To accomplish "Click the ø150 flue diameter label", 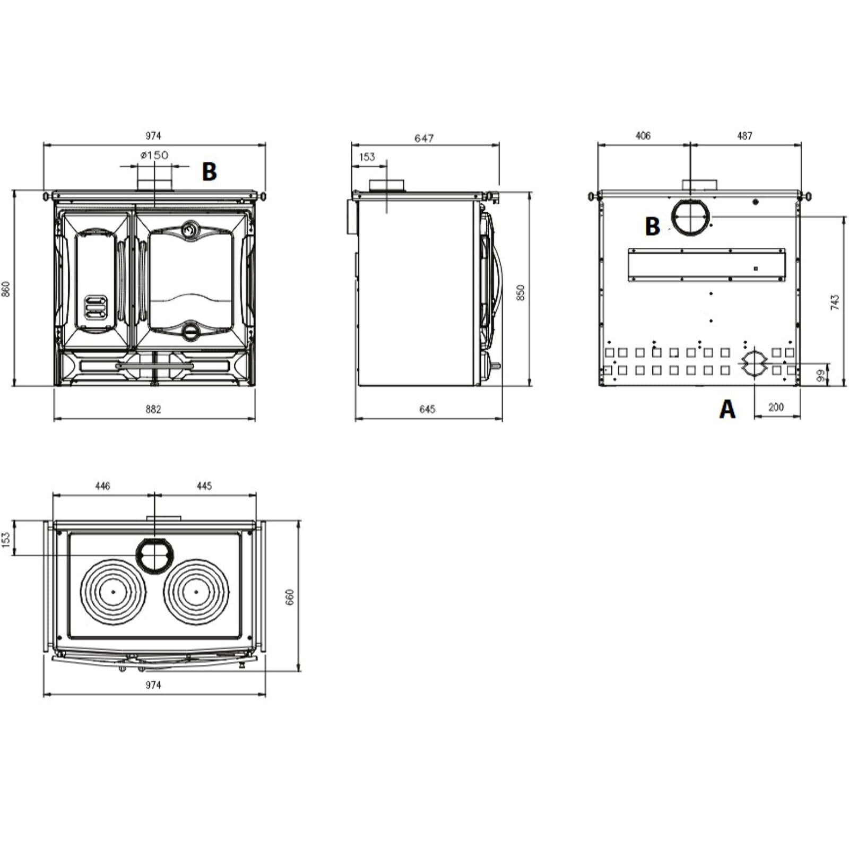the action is tap(154, 155).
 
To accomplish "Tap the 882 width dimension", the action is tap(153, 409).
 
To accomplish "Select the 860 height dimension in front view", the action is tap(6, 289).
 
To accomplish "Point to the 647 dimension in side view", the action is tap(424, 138).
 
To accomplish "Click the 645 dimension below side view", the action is tap(427, 409).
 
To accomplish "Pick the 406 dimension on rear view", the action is tap(643, 136).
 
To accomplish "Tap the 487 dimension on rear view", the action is tap(745, 136).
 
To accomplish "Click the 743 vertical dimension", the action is tap(835, 302).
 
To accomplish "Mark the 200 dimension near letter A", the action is tap(776, 407).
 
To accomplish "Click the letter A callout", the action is tap(727, 409).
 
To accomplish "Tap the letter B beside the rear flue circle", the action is tap(652, 227).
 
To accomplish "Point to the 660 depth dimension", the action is tap(290, 597).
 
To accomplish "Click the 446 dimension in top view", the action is tap(102, 486).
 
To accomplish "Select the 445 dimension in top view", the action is tap(204, 486).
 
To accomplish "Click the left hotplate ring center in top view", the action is tap(113, 592).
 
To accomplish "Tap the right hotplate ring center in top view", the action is tap(197, 592).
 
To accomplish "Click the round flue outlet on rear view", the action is tap(690, 218).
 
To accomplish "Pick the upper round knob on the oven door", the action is tap(189, 230).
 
